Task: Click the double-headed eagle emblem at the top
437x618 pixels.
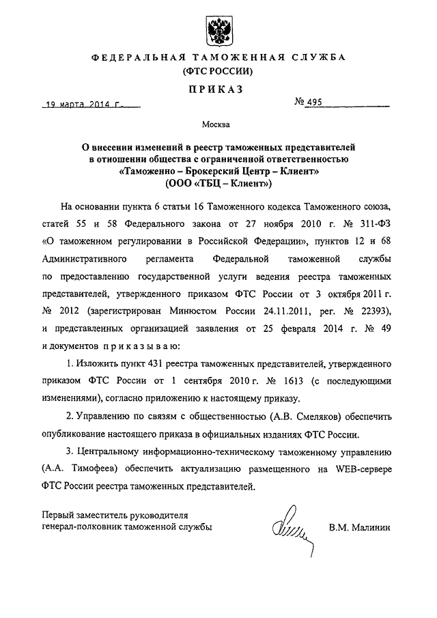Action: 218,29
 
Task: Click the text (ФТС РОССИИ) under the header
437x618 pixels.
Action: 218,70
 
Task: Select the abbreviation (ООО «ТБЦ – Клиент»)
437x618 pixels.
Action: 218,184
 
